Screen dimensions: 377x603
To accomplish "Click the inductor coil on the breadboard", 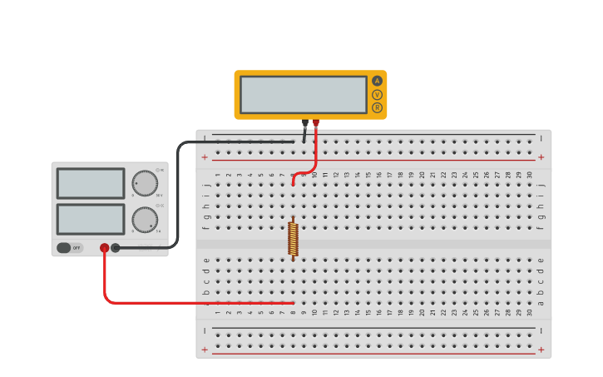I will (x=293, y=238).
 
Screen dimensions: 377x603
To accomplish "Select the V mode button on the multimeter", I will (x=377, y=95).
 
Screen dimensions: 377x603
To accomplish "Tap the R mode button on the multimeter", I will (x=377, y=107).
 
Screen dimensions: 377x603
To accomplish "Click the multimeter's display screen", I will (x=304, y=95).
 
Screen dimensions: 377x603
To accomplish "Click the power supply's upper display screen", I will (x=91, y=183).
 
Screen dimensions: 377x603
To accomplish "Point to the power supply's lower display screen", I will (x=91, y=219).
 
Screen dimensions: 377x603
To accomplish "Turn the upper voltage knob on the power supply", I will (x=144, y=183).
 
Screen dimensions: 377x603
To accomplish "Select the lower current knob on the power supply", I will (x=144, y=220).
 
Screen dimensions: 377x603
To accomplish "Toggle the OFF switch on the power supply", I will (x=70, y=247).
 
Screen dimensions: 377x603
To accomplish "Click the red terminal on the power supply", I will (x=104, y=247).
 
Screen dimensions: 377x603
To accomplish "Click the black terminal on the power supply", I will (x=116, y=247).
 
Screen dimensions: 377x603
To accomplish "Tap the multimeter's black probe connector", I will (x=305, y=123).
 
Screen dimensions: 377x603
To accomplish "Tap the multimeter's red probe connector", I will (x=316, y=123).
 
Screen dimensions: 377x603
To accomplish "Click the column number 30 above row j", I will (x=530, y=174).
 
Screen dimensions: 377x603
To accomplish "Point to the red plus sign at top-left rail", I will (x=205, y=156).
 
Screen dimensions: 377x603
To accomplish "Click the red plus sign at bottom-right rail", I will (x=541, y=350).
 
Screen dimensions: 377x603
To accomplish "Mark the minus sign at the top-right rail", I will (x=541, y=138).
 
